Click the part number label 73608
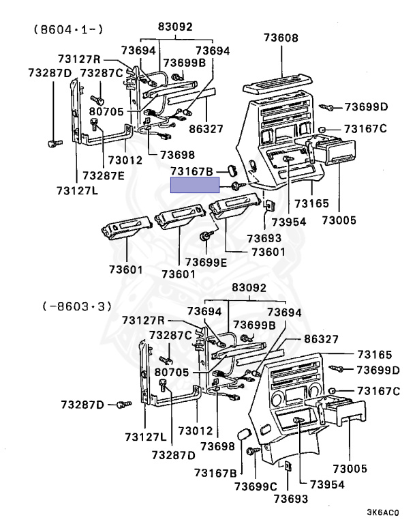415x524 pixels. (x=281, y=39)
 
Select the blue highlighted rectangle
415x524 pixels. (x=194, y=185)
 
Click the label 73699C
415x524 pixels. (x=256, y=486)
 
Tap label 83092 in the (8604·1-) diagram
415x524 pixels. (x=176, y=27)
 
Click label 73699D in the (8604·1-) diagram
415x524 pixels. (x=366, y=106)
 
